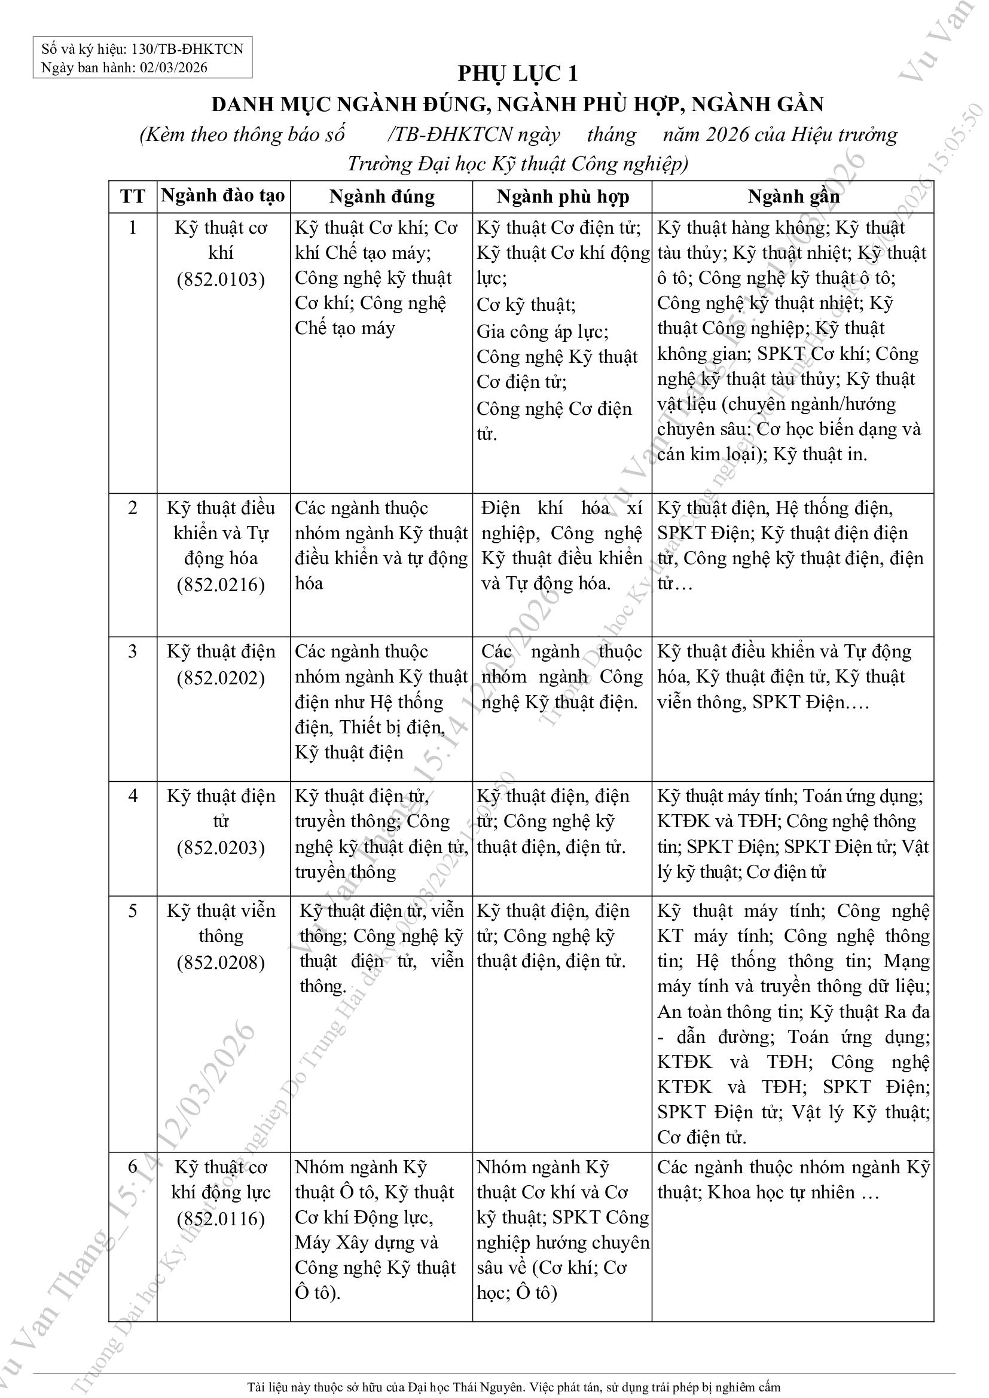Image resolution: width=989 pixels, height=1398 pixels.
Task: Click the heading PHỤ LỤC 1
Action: click(x=517, y=74)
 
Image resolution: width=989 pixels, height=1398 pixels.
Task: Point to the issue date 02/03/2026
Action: click(x=173, y=67)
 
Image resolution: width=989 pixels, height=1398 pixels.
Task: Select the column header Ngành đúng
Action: click(x=382, y=197)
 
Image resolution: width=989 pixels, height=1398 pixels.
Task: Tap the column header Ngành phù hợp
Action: click(x=563, y=197)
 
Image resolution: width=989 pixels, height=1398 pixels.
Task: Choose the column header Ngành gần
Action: click(x=793, y=197)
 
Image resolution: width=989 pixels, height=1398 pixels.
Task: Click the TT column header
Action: click(x=133, y=197)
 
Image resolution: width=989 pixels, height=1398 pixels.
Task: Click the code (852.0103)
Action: click(x=221, y=280)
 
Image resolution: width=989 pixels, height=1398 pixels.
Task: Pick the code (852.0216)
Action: click(x=221, y=585)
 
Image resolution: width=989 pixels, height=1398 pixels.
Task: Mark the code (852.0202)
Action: click(x=221, y=678)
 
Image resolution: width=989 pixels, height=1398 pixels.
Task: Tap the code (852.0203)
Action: click(x=221, y=848)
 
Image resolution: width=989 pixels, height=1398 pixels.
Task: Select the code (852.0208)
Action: click(x=221, y=962)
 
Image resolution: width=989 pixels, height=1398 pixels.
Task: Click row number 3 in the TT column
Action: click(x=133, y=651)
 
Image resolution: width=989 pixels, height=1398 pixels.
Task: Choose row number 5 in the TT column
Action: click(x=133, y=911)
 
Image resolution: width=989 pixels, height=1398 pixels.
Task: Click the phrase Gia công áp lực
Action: click(x=541, y=332)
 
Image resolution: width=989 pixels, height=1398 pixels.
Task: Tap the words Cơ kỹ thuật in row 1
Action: click(x=525, y=304)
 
